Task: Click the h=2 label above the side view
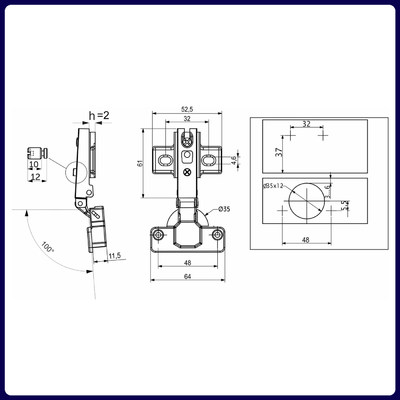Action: pyautogui.click(x=101, y=116)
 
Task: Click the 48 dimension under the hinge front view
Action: pyautogui.click(x=188, y=263)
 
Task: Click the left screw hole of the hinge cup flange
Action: pyautogui.click(x=158, y=235)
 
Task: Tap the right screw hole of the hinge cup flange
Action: pyautogui.click(x=217, y=235)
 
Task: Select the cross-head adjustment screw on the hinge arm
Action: pyautogui.click(x=188, y=171)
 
